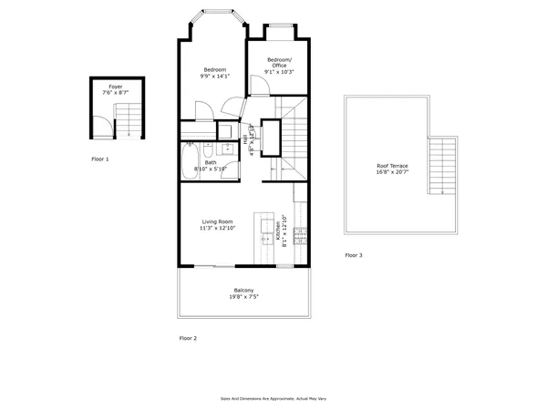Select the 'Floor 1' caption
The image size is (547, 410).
click(100, 159)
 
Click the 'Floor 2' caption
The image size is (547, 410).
click(188, 338)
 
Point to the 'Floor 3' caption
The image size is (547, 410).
click(354, 256)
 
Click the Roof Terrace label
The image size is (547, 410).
click(393, 165)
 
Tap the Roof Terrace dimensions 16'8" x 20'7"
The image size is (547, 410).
click(393, 172)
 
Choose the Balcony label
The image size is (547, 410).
click(243, 291)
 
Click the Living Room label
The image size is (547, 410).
click(218, 220)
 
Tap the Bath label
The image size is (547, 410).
click(211, 162)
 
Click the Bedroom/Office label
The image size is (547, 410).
click(280, 64)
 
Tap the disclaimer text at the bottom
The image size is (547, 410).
click(273, 398)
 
